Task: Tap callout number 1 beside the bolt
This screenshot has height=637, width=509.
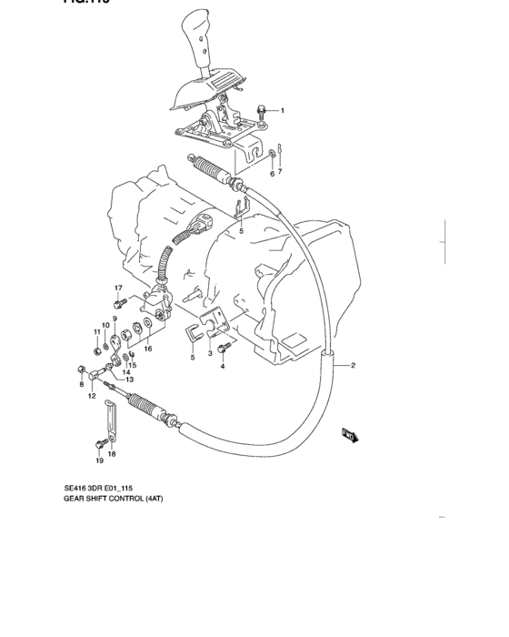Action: tap(282, 111)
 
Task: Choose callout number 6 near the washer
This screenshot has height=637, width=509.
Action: tap(271, 172)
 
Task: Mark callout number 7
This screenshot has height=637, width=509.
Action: tap(280, 172)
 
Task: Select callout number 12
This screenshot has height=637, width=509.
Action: tap(92, 397)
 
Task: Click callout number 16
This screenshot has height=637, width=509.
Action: tap(147, 348)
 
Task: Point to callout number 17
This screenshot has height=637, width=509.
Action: tap(118, 288)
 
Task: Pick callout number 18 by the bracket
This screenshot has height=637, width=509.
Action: tap(112, 453)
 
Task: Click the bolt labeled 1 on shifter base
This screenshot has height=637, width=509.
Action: tap(263, 112)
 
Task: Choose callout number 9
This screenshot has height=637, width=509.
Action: tap(115, 318)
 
